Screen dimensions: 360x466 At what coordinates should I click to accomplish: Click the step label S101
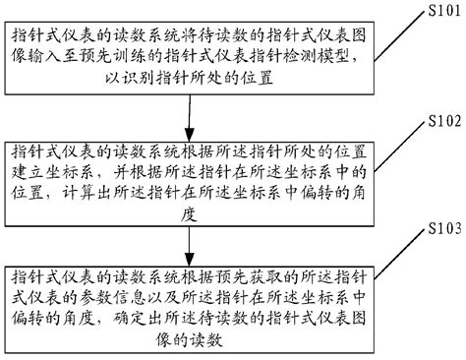point(438,12)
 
